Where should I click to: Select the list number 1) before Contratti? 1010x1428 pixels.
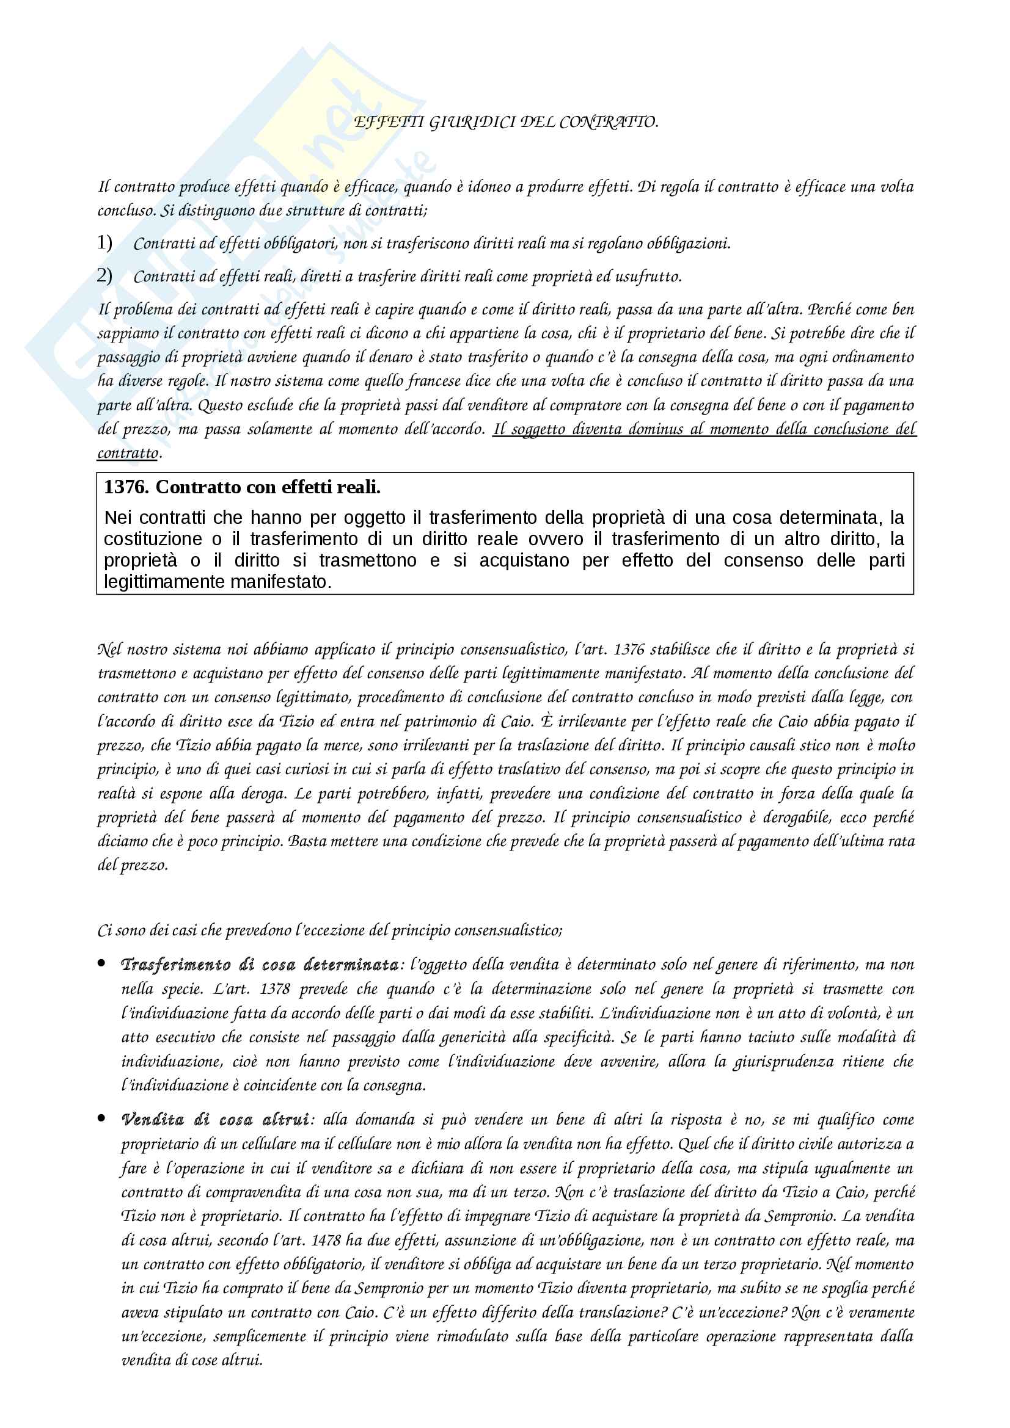[x=104, y=242]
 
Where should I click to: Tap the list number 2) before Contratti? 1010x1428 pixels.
[x=104, y=275]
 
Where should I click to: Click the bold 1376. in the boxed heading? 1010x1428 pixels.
[x=126, y=487]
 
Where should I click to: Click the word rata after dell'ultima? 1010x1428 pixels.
[x=901, y=841]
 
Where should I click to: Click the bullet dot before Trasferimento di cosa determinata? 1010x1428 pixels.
[x=101, y=963]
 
